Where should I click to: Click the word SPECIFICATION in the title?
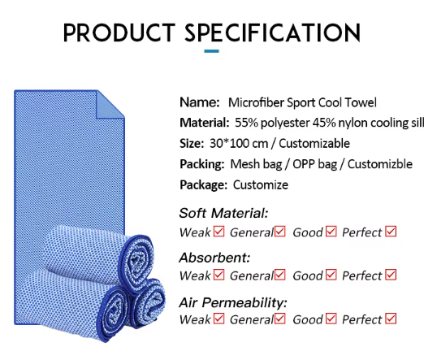click(x=272, y=33)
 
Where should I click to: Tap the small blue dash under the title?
click(x=211, y=51)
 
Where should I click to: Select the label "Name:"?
click(x=200, y=102)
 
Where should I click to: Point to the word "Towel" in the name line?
click(x=361, y=102)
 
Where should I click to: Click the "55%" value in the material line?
click(x=246, y=123)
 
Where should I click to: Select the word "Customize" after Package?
click(x=261, y=185)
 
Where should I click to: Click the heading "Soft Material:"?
click(x=223, y=213)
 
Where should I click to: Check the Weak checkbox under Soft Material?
click(x=218, y=232)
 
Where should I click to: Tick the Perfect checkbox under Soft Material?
click(x=391, y=232)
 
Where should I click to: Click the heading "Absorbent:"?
click(x=214, y=258)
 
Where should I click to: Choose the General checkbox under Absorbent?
click(x=280, y=275)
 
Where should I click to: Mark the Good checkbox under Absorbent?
click(x=331, y=275)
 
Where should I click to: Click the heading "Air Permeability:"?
click(x=233, y=302)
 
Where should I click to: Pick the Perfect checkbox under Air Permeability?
click(x=391, y=319)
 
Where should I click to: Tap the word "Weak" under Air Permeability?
click(x=195, y=319)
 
